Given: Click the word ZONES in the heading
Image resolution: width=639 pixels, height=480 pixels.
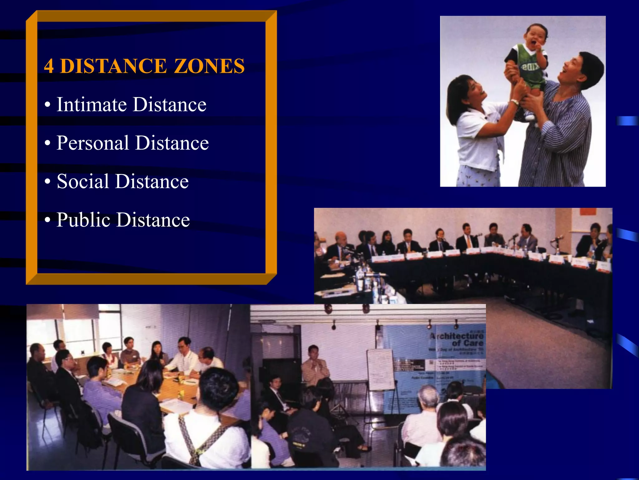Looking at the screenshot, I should (x=209, y=66).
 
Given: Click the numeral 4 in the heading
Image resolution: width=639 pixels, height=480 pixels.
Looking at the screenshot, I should (x=49, y=66).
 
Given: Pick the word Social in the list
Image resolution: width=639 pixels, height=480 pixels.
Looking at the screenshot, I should (x=83, y=181).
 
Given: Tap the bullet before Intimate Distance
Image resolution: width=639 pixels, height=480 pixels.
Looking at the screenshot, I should (x=47, y=105).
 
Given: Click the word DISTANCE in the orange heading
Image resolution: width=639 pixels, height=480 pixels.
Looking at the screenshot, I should (x=114, y=66).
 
